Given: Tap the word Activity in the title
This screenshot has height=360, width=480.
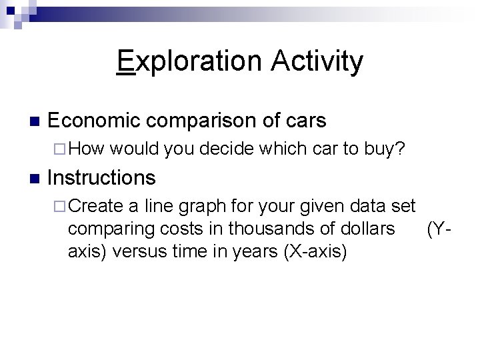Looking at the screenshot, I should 317,61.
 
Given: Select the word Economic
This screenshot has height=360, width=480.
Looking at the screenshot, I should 94,121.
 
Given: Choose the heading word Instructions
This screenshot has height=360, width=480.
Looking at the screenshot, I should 102,178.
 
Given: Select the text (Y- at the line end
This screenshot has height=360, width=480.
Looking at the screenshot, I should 441,229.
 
